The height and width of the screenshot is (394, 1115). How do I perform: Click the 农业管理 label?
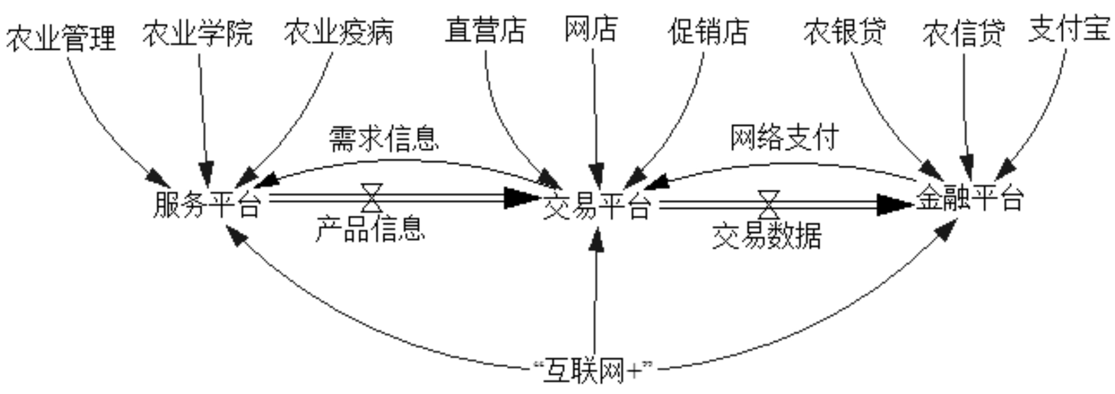coord(61,38)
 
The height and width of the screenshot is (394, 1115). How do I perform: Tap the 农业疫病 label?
coord(339,32)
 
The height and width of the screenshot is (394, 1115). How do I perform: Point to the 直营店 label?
coord(485,30)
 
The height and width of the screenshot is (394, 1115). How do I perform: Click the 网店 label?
coord(591,29)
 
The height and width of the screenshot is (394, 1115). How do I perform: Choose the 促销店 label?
coord(708,31)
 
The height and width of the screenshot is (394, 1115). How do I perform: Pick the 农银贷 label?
coord(845,31)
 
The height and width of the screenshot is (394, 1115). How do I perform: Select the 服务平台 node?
coord(207,204)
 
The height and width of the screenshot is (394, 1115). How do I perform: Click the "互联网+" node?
coord(592,371)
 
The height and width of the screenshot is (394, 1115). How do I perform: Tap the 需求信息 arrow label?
coord(384,139)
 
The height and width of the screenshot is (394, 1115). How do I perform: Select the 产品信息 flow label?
coord(370,229)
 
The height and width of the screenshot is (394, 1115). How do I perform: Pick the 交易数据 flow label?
coord(767,236)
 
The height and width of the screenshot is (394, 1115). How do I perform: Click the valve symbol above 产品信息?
coord(372,198)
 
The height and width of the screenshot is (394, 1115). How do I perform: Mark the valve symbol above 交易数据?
coord(769,204)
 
